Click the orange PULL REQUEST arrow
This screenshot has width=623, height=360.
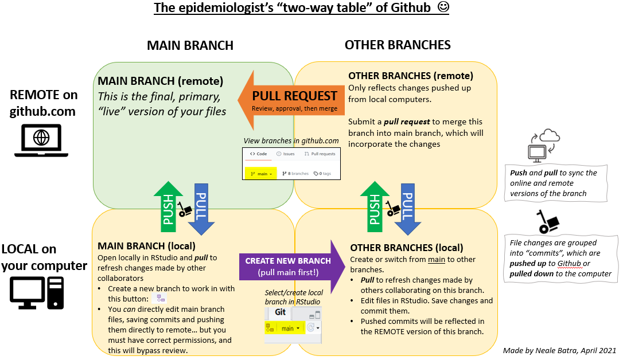coord(291,100)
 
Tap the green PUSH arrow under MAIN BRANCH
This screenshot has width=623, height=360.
coord(169,207)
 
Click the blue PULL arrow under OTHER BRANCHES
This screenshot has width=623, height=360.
coord(408,209)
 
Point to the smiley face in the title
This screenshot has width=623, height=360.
coord(443,7)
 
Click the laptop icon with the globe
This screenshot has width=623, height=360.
coord(41,140)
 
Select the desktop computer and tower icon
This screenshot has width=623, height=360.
coord(37,293)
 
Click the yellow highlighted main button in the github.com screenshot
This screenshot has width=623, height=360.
coord(260,174)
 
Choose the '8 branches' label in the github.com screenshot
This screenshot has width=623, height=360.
coord(295,174)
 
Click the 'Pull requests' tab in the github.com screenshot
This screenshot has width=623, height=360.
coord(320,154)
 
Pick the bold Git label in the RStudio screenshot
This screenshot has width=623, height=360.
coord(280,312)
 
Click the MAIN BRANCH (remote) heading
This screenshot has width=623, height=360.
coord(161,81)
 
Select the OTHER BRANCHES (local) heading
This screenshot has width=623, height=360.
coord(407,248)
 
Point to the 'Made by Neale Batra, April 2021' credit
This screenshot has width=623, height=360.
coord(559,350)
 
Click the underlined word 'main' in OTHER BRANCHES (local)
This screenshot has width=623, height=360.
coord(436,260)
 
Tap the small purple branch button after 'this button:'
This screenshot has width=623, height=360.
coord(161,298)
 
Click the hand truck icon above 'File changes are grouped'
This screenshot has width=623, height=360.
coord(548,221)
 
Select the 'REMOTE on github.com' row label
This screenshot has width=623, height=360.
coord(43,103)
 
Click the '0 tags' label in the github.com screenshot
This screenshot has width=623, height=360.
coord(322,174)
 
